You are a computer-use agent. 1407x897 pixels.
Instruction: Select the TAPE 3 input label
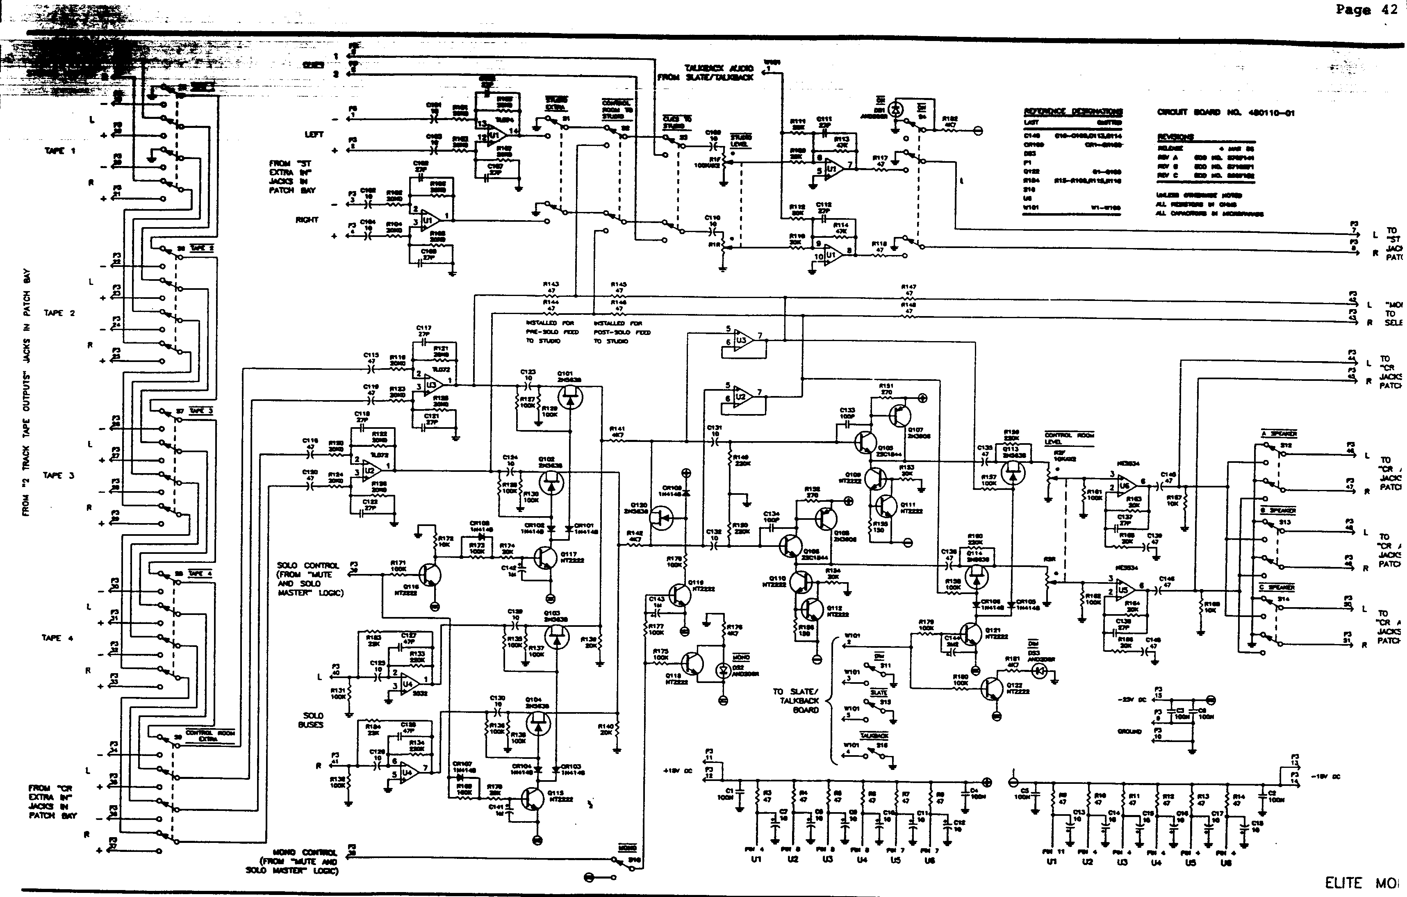[x=59, y=476]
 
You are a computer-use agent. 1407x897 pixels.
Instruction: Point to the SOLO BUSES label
[x=313, y=720]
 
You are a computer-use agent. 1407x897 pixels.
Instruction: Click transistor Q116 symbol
[x=430, y=575]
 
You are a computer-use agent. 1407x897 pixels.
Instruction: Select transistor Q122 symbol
[x=994, y=690]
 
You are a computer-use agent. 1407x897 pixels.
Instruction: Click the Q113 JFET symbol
[x=1013, y=471]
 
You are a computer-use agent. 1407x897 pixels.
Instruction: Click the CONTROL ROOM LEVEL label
[x=1069, y=439]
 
